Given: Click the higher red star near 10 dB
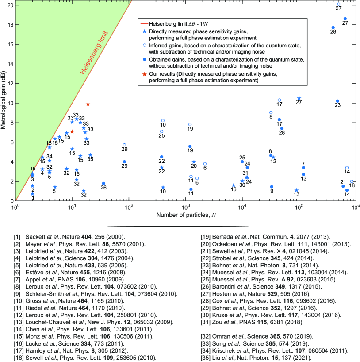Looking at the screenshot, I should (x=88, y=104).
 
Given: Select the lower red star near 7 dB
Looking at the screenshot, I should (x=72, y=131).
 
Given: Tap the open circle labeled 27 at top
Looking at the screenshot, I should (x=339, y=4).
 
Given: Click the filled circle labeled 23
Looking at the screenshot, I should (x=337, y=101).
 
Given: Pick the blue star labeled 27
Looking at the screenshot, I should (x=299, y=98).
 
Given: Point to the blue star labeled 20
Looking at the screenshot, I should (x=194, y=162).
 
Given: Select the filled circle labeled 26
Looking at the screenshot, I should (x=103, y=183).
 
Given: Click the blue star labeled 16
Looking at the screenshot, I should (x=234, y=185).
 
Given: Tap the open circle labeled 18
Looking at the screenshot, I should (x=352, y=181).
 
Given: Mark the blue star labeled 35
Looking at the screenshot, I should (x=90, y=155).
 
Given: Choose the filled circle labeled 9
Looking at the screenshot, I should (x=272, y=187).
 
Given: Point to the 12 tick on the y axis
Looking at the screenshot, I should (x=11, y=83).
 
